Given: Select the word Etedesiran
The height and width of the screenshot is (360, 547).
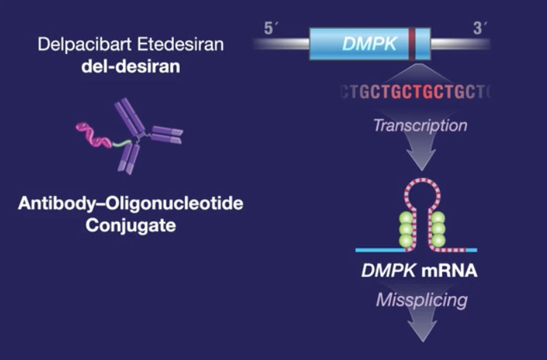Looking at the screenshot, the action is (180, 45).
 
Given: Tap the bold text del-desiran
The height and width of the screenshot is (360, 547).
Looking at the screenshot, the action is (131, 66).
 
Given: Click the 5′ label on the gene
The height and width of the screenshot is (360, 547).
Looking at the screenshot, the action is (270, 28).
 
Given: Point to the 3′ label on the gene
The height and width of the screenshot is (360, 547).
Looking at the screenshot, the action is (479, 28).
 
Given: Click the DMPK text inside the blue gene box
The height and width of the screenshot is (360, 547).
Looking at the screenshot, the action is (370, 44).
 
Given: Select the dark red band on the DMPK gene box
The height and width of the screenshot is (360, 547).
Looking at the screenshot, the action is (412, 44).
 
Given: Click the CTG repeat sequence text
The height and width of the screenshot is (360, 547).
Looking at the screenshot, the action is (416, 92).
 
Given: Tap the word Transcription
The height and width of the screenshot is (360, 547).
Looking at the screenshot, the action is (420, 126).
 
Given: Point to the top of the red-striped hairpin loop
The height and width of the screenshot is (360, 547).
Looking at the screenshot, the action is (422, 180).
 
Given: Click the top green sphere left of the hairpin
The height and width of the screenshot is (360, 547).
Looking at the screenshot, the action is (406, 218).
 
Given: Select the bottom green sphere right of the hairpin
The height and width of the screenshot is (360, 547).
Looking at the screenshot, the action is (438, 241).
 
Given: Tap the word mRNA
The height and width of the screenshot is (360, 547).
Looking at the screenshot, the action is (449, 271).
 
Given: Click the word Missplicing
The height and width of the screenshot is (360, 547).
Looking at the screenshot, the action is (421, 300).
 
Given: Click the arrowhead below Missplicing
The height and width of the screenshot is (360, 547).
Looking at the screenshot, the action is (422, 330).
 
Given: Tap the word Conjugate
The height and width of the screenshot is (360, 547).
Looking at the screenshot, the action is (131, 226).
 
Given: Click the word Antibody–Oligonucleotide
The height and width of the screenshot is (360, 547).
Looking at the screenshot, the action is (131, 203).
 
